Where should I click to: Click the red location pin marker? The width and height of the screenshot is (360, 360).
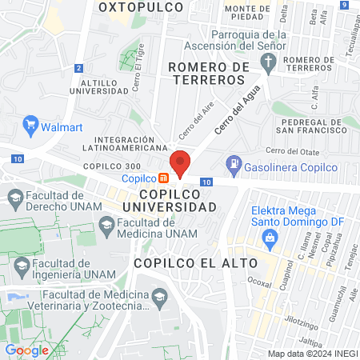click(x=181, y=162)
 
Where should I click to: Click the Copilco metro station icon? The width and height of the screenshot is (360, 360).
click(x=162, y=178)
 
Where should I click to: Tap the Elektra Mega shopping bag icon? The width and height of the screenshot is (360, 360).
click(x=270, y=237)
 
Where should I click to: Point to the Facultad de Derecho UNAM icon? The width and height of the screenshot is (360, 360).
click(x=14, y=196)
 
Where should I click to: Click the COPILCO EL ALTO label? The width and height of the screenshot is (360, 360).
click(x=195, y=262)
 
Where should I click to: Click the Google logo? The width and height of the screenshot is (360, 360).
click(x=26, y=350)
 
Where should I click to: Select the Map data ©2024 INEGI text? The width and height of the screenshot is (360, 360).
click(x=311, y=354)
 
